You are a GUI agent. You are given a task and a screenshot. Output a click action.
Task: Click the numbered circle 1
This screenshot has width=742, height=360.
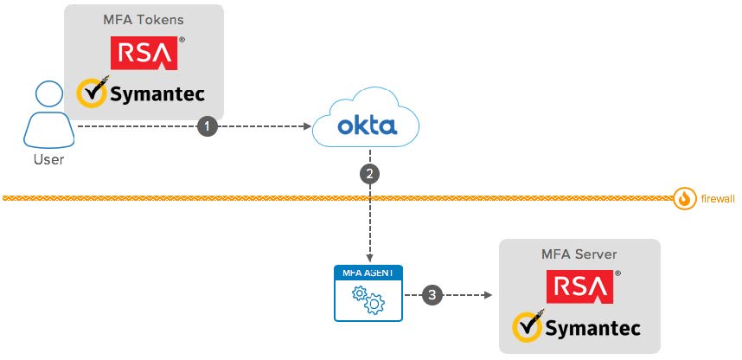pos(206,126)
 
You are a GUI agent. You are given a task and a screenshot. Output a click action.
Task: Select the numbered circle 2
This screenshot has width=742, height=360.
pos(370,173)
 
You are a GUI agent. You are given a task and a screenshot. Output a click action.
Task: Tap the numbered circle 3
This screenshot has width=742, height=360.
pos(433,295)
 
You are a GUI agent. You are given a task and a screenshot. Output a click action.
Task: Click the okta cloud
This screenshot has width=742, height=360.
pos(367,126)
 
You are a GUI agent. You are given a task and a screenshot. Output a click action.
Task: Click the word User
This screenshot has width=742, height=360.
pos(48,159)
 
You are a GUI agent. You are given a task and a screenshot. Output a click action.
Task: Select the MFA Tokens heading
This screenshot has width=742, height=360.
pos(144,20)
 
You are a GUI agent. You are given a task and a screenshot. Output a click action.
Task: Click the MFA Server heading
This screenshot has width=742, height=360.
pos(579,254)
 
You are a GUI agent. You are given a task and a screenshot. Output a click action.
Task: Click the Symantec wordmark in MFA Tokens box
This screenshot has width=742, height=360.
pos(156,93)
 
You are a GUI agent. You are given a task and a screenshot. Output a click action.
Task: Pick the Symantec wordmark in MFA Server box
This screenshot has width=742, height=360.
pos(592,328)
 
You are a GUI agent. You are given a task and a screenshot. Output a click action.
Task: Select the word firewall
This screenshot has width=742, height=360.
pos(717,199)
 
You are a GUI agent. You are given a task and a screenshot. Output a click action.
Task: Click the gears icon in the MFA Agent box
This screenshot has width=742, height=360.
pos(370,299)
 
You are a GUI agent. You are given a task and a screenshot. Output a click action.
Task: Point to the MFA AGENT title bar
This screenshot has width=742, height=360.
pos(370,273)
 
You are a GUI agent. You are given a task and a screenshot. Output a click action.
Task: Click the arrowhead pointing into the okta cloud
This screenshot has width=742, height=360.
pos(307,126)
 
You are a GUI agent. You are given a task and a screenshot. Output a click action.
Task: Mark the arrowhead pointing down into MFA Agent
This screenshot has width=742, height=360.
pos(370,258)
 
